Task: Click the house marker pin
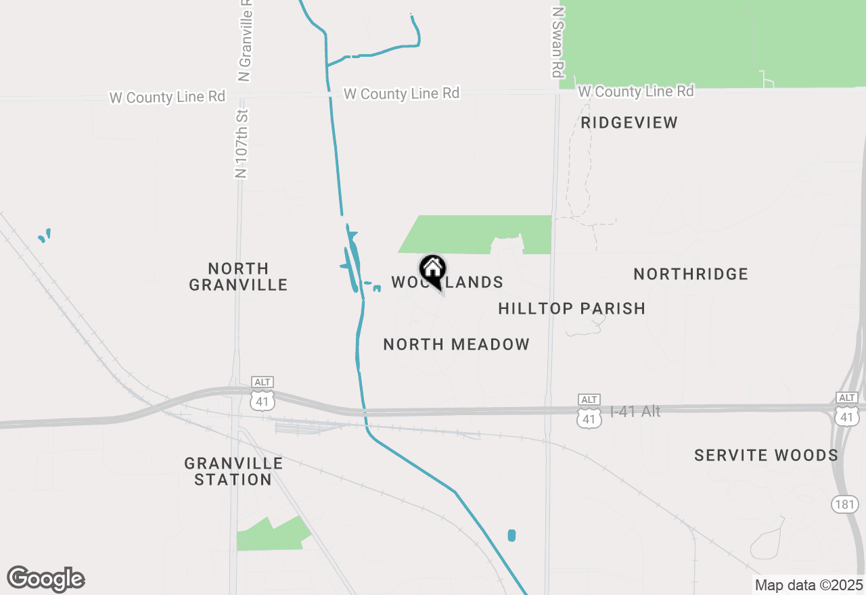pos(432,270)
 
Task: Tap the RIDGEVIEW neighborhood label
pos(629,122)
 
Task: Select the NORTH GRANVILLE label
pos(238,277)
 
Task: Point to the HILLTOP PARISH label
pos(572,308)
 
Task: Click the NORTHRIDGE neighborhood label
pos(691,274)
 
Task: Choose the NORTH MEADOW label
pos(457,344)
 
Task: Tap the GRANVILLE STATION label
pos(233,471)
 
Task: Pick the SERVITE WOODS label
pos(767,455)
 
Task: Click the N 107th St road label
pos(242,143)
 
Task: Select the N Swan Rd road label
pos(557,42)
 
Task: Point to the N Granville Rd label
pos(245,41)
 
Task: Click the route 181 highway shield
pos(845,504)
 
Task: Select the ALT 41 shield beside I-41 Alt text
pos(589,412)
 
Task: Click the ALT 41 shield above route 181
pos(846,410)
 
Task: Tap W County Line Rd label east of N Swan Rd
pos(636,91)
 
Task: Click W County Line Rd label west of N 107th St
pos(167,97)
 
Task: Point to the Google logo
pos(46,579)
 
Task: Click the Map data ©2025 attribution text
pos(808,585)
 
